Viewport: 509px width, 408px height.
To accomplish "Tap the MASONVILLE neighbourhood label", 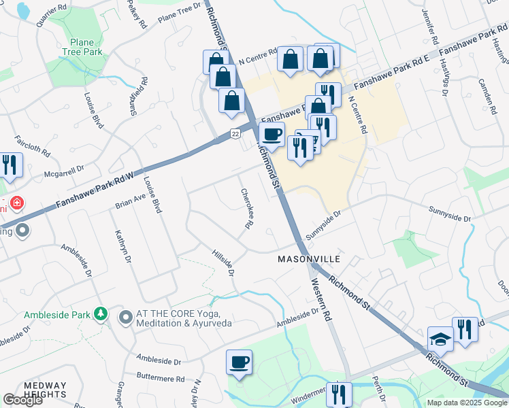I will click(308, 260).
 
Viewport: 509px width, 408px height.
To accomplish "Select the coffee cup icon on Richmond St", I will click(272, 135).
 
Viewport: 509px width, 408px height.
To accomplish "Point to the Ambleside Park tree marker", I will click(101, 313).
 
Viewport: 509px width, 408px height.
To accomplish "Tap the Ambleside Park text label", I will click(57, 315).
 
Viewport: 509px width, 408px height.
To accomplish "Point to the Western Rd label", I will click(323, 299).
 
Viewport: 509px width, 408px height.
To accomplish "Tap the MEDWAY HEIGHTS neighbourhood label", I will click(45, 390).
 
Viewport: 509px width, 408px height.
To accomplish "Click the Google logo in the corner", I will click(22, 400).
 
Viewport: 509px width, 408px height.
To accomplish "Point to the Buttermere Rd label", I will click(161, 378).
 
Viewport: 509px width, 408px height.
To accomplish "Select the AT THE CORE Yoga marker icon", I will click(125, 318).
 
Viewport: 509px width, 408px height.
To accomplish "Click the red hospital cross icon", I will click(16, 203).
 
